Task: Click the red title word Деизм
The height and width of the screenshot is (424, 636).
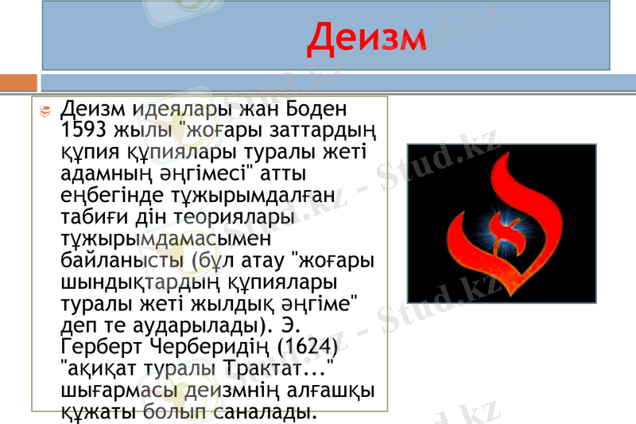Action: click(367, 38)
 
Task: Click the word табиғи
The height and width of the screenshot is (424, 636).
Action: click(94, 216)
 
